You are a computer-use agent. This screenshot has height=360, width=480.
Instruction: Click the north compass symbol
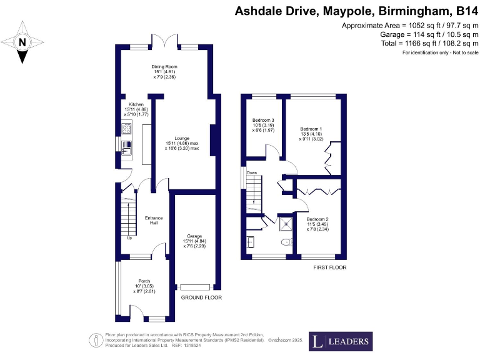pyautogui.click(x=23, y=42)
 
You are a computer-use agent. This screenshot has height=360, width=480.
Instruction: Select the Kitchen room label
pyautogui.click(x=136, y=109)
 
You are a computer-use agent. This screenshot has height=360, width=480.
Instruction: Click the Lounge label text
pyautogui.click(x=182, y=143)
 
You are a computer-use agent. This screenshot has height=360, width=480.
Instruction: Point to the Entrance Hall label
pyautogui.click(x=154, y=220)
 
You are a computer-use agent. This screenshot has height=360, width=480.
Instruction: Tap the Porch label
pyautogui.click(x=144, y=286)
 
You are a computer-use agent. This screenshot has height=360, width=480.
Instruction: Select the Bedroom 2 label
pyautogui.click(x=317, y=224)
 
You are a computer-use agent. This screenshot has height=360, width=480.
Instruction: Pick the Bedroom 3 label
pyautogui.click(x=263, y=124)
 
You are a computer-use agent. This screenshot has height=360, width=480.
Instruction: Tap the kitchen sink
pyautogui.click(x=127, y=147)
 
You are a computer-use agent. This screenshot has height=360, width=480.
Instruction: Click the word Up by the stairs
pyautogui.click(x=129, y=237)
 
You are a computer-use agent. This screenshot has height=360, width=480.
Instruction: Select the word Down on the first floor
pyautogui.click(x=252, y=172)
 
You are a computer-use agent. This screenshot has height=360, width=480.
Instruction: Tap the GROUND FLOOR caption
pyautogui.click(x=201, y=297)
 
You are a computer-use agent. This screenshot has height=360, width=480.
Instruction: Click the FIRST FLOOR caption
pyautogui.click(x=330, y=267)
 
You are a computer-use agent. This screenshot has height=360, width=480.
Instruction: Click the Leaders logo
pyautogui.click(x=341, y=342)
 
